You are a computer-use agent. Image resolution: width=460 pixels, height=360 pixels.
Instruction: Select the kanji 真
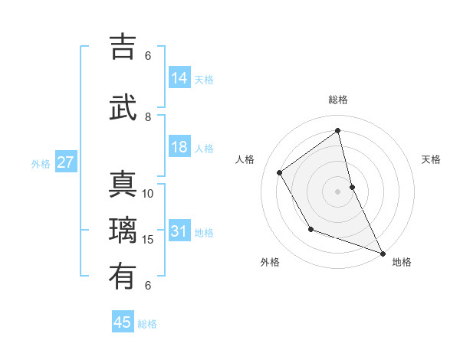point(123,185)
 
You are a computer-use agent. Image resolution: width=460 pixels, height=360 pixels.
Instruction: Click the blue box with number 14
point(179,78)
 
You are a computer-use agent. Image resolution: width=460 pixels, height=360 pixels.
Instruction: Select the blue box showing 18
point(179,148)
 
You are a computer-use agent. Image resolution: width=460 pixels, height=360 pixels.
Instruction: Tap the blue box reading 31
point(179,232)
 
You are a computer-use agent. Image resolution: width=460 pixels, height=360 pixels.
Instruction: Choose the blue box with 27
point(65,163)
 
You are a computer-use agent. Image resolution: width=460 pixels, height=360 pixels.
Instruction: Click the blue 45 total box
point(123,322)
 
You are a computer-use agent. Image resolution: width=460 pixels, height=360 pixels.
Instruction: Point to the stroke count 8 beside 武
point(148,116)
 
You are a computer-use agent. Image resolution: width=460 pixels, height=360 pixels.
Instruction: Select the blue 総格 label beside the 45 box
point(147,324)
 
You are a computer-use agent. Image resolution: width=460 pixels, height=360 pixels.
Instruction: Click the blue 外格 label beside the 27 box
point(41,164)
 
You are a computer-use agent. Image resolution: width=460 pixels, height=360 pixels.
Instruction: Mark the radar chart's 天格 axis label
point(431,159)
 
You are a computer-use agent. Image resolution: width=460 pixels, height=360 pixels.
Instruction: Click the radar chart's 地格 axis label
point(402,262)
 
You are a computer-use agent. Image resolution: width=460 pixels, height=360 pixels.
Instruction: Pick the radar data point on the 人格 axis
point(280,172)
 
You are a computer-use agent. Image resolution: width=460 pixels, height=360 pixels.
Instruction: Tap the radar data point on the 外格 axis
point(310,229)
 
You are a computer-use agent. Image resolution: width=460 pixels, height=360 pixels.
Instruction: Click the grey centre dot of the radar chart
point(337,191)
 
